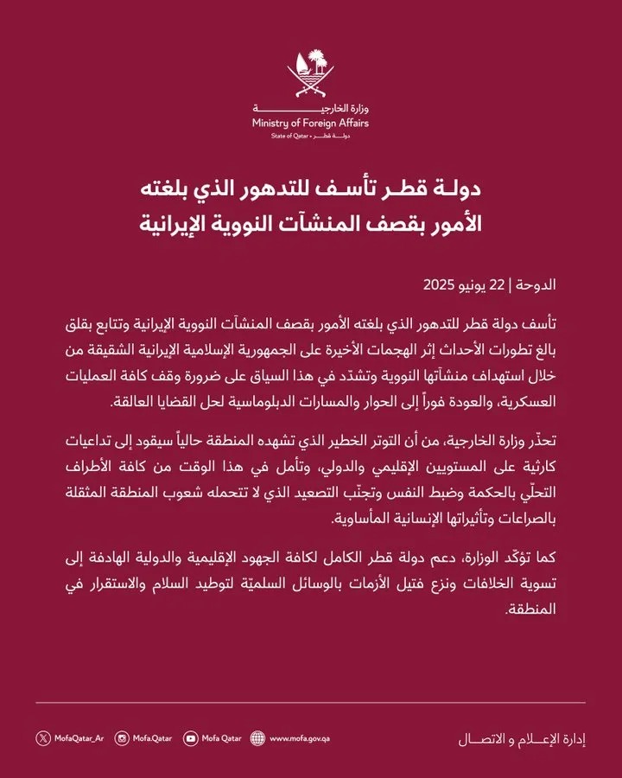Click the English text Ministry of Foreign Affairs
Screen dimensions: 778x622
coord(310,124)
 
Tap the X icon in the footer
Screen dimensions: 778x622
coord(43,738)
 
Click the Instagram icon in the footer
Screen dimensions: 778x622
coord(123,738)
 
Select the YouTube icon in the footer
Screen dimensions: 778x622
coord(190,738)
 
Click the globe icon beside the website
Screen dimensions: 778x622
coord(257,738)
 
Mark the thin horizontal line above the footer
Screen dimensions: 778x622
coord(310,703)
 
